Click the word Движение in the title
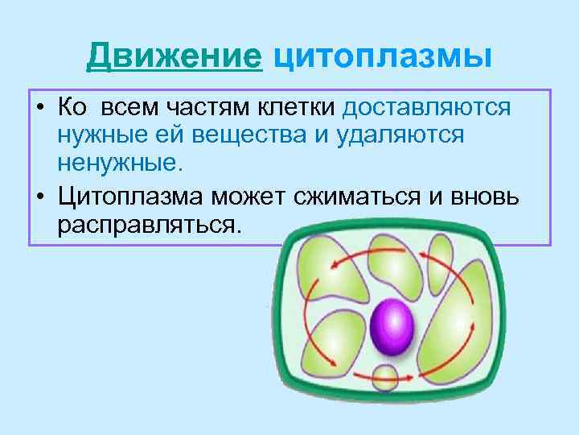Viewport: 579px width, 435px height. [x=175, y=57]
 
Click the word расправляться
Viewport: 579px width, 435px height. [x=149, y=223]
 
